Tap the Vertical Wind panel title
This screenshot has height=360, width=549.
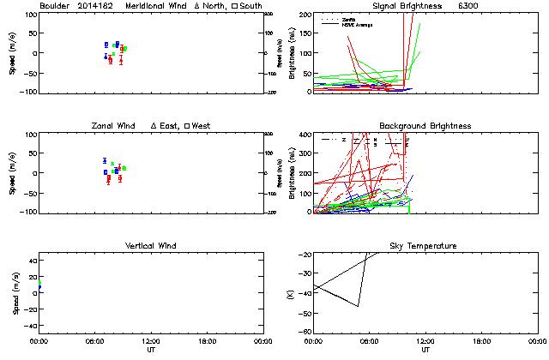coord(150,246)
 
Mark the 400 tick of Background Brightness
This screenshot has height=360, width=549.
coord(305,135)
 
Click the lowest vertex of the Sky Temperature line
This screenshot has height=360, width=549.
coord(358,306)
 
